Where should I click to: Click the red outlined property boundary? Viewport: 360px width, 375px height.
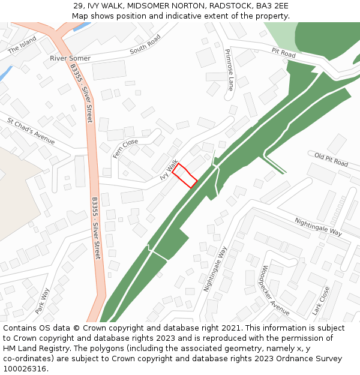(x=185, y=176)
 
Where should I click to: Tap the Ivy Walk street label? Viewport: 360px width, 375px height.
(x=169, y=170)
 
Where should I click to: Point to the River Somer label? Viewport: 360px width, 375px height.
(x=70, y=58)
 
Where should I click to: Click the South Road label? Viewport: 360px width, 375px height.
(x=145, y=44)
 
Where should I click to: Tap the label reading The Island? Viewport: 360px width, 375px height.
(x=22, y=46)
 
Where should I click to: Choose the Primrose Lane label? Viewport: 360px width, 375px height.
(x=229, y=69)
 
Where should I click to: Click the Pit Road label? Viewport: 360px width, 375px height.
(x=283, y=54)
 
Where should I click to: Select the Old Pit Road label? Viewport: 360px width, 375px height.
(x=331, y=160)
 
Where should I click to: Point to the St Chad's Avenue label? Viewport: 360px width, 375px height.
(x=31, y=131)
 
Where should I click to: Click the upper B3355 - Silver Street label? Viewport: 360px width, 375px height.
(x=82, y=93)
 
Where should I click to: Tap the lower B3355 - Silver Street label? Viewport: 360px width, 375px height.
(x=96, y=228)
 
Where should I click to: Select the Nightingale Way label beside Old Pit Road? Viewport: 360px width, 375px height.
(x=318, y=227)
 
